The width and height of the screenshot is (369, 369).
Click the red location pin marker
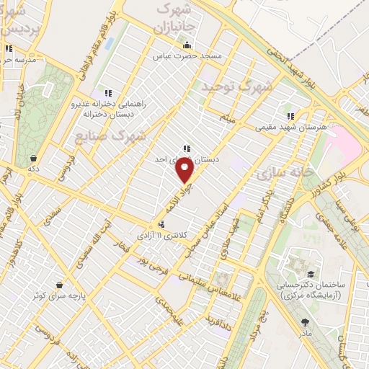[x=185, y=171]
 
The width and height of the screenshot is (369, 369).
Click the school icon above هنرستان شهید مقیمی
[x=290, y=115]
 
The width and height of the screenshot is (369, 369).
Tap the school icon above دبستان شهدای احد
[x=187, y=148]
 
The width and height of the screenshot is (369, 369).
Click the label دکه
[x=33, y=168]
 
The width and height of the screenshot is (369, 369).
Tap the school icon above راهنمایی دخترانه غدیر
[x=108, y=93]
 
